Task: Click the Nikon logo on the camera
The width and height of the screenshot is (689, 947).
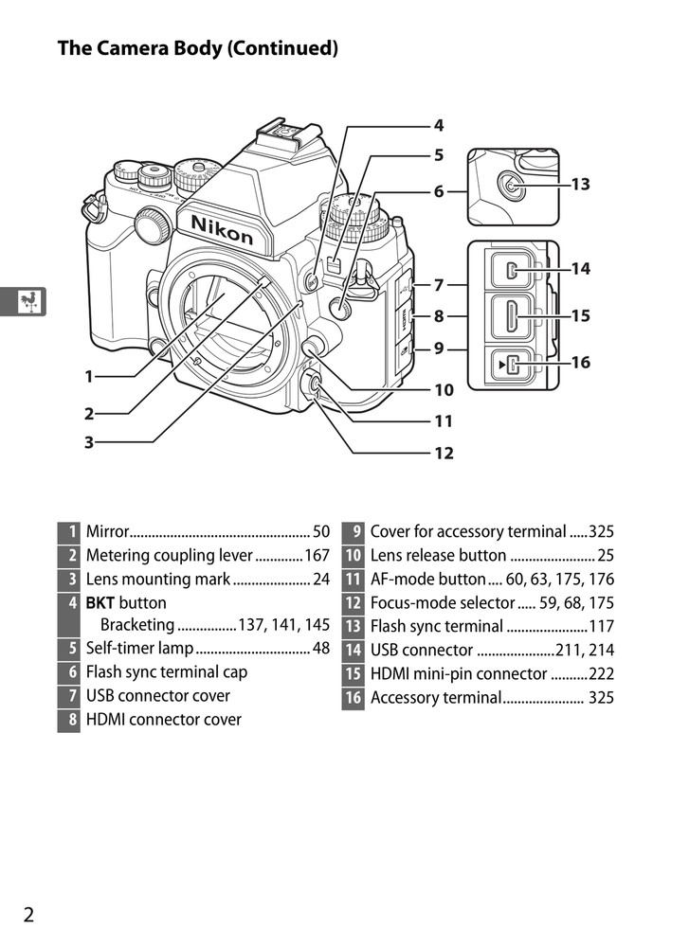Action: point(222,228)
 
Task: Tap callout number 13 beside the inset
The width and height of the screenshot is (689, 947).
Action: point(580,184)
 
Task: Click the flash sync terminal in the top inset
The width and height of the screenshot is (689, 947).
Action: point(513,188)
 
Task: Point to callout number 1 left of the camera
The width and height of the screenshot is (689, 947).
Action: point(88,376)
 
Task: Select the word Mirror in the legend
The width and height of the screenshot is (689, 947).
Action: point(106,532)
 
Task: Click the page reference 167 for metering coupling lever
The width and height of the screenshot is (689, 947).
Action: point(317,556)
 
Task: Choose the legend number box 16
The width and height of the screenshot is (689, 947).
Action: point(353,698)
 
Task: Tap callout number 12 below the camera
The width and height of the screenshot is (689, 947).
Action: point(443,453)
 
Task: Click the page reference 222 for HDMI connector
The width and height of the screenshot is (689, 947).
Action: point(601,674)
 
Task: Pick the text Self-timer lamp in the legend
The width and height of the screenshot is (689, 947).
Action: point(139,649)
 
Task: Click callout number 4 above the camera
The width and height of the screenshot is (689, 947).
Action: point(439,125)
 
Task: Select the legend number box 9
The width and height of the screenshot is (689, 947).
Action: point(353,532)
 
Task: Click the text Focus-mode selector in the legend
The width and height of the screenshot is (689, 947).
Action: point(442,603)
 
